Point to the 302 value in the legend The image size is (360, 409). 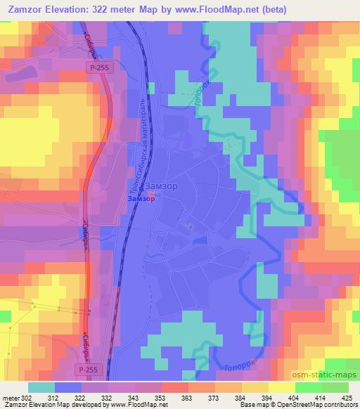click(26, 398)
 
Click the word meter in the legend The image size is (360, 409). click(10, 398)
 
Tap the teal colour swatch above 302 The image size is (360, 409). click(41, 387)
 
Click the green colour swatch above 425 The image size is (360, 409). click(345, 387)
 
